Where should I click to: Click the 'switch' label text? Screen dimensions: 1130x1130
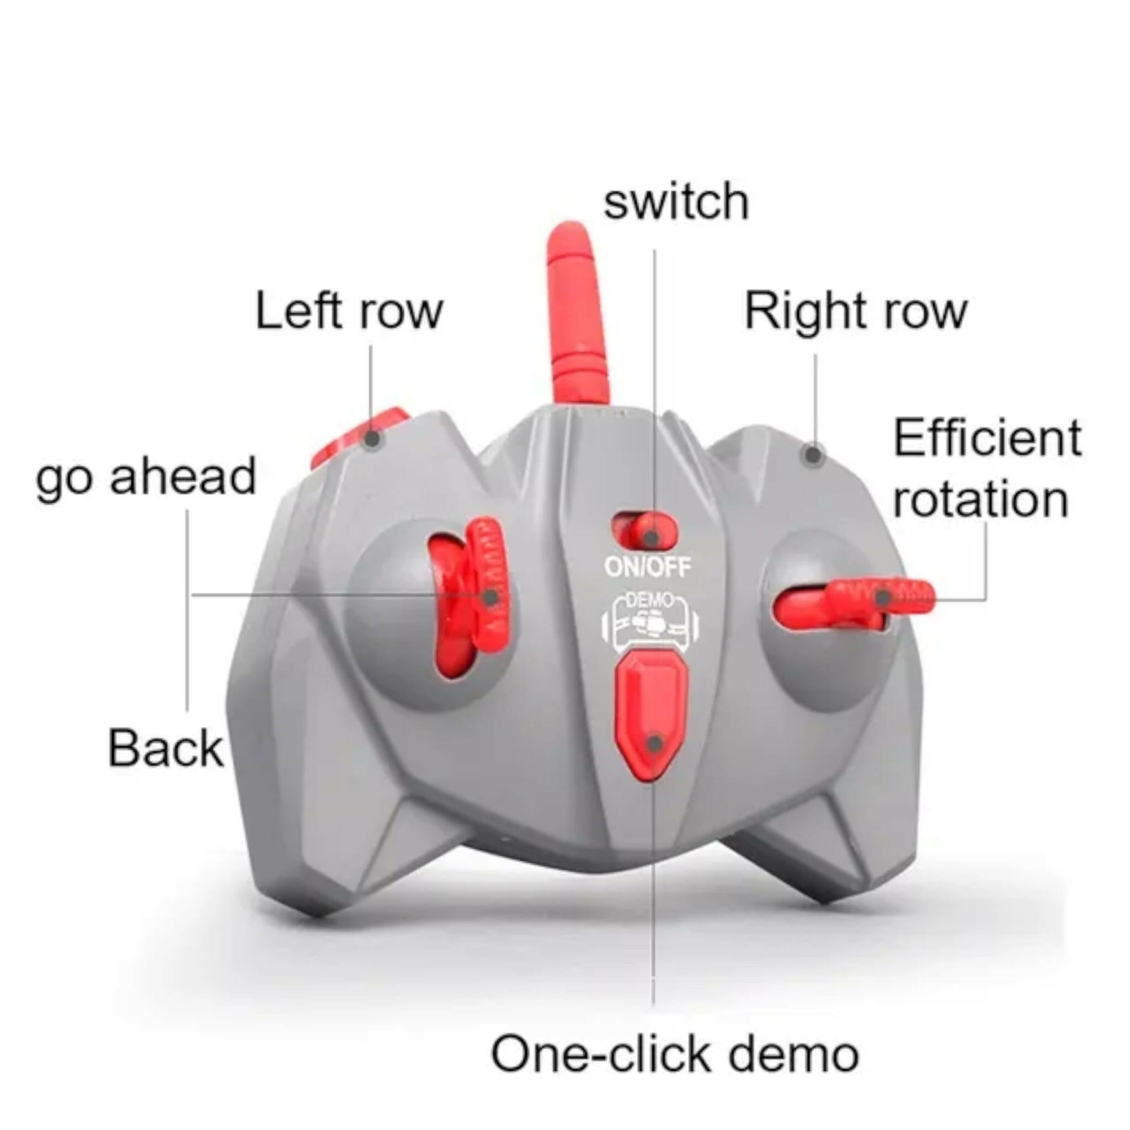coord(676,201)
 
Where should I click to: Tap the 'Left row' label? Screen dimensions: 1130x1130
coord(349,311)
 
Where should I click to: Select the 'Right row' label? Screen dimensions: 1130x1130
coord(856,311)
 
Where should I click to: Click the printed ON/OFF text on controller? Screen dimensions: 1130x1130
coord(647,567)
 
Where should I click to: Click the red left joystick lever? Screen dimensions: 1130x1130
coord(468,596)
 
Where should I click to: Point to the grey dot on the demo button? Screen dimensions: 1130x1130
coord(655,743)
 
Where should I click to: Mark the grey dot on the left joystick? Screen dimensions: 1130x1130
coord(491,596)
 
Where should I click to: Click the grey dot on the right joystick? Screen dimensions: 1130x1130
coord(883,597)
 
